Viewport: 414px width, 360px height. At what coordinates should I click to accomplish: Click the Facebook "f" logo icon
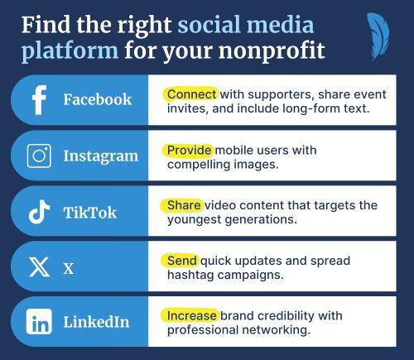coord(39,100)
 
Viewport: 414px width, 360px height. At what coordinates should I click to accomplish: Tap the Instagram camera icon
coord(39,156)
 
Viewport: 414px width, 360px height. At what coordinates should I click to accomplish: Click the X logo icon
coord(39,267)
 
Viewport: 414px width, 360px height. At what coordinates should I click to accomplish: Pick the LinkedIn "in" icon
coord(39,323)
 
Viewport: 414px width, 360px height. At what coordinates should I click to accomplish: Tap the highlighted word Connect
coord(191,94)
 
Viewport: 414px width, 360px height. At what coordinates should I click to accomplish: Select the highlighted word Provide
coord(189,150)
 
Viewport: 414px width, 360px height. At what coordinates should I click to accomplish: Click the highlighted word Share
coord(184,204)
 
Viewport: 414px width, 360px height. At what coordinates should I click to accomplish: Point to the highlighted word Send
coord(182,260)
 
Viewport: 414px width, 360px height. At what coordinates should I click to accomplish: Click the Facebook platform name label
coord(97,100)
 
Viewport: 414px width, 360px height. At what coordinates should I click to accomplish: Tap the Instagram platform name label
coord(100,156)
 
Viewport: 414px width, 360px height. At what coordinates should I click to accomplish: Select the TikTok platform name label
coord(89,212)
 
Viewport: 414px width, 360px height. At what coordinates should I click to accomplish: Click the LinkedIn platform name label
coord(96,323)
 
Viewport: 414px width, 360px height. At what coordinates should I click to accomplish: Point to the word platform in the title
coord(70,50)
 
